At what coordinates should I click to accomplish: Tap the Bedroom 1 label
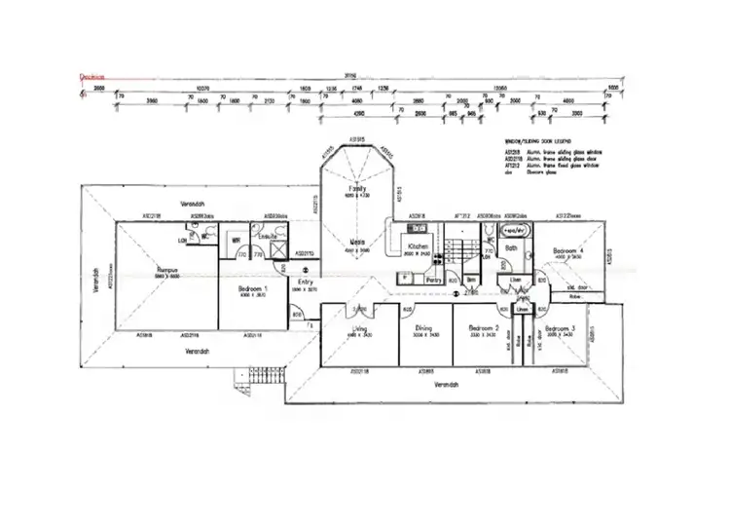coord(252,289)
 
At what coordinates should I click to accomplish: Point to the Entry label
coord(305,283)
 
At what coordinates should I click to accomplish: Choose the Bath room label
coord(512,247)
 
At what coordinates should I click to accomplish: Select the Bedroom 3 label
coord(562,328)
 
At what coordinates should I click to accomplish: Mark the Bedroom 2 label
coord(484,328)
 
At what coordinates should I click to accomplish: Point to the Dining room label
coord(423,328)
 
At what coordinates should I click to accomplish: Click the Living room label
coord(359,329)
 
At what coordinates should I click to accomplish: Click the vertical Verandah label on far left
coord(96,280)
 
